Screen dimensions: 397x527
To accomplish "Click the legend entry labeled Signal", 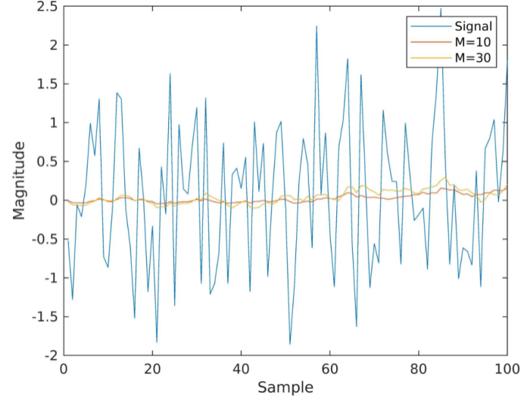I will point(473,26).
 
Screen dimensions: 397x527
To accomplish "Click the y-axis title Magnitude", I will point(20,179).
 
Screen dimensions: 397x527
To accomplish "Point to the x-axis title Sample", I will point(285,387).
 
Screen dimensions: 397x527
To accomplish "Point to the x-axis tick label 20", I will point(152,369).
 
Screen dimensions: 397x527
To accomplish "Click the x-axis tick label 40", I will point(241,369).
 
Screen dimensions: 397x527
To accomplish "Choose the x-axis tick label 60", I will point(329,369).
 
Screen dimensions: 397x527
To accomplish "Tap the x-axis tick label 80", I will point(418,369).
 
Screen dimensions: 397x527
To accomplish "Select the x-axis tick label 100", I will point(506,369).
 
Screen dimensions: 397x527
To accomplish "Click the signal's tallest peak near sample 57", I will point(317,26).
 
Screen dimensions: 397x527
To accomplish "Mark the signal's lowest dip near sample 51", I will point(290,344).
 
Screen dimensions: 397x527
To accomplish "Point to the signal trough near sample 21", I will point(157,342).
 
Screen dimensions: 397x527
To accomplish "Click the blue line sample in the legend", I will point(425,26).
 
